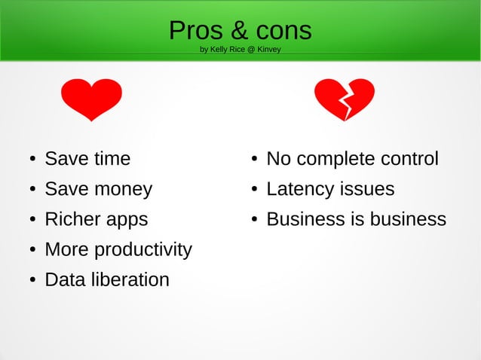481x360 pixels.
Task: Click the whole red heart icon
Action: pos(91,99)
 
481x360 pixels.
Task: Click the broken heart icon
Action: pos(345,99)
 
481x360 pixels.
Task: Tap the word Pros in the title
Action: pos(192,31)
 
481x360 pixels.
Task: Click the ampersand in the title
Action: pos(238,31)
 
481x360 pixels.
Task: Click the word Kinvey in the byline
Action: pos(268,50)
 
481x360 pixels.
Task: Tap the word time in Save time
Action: pos(112,159)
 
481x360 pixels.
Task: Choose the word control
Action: pos(410,159)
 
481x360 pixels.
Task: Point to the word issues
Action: pos(363,189)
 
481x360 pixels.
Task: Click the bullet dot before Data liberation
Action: pos(33,280)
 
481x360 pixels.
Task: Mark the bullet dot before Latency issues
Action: pos(255,190)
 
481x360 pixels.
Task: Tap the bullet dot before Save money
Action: pos(33,190)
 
